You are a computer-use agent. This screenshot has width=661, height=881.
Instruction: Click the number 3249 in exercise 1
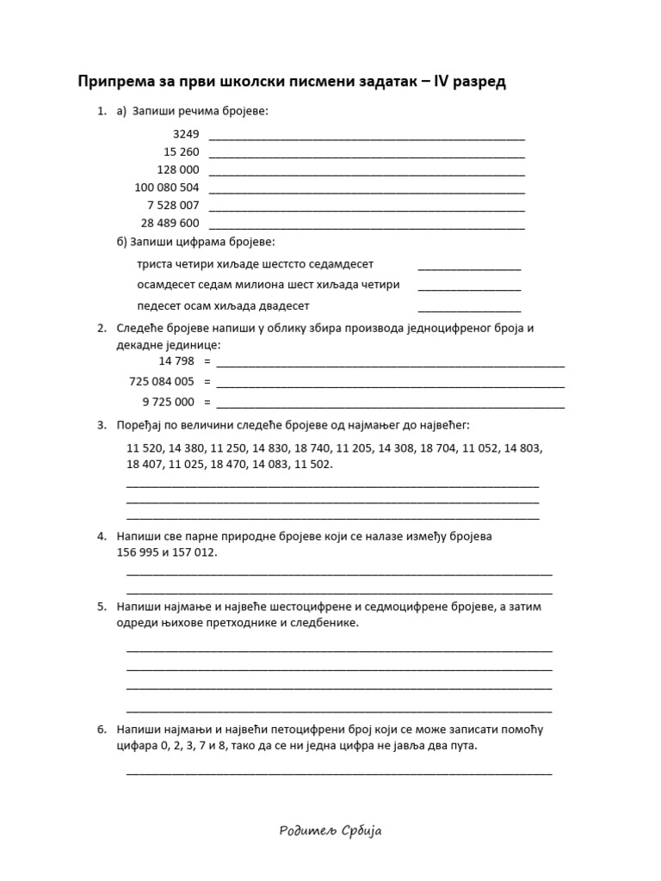pos(186,134)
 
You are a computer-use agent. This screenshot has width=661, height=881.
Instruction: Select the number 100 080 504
pos(167,188)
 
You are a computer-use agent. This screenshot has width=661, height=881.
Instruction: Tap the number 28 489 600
pos(170,223)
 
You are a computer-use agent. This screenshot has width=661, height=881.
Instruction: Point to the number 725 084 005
pos(162,381)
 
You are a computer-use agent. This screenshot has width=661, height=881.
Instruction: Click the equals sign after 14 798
pos(207,361)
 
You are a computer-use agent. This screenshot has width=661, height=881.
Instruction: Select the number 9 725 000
pos(169,402)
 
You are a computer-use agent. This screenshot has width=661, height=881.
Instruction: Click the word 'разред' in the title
pos(475,82)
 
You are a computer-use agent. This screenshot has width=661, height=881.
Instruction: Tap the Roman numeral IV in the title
pos(428,82)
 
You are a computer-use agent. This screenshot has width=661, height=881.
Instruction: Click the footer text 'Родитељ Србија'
pos(330,830)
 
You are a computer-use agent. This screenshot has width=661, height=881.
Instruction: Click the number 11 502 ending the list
pos(312,465)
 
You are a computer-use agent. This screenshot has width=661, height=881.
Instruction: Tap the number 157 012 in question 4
pos(194,552)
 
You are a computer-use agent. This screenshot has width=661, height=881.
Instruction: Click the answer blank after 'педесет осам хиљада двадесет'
pos(469,308)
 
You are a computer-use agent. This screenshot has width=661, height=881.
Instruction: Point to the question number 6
pos(101,730)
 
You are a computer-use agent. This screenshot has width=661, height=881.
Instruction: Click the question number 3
pos(101,425)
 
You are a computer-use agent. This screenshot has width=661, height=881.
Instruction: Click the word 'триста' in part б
pos(154,264)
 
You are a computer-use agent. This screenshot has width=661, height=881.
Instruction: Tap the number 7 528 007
pos(174,206)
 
